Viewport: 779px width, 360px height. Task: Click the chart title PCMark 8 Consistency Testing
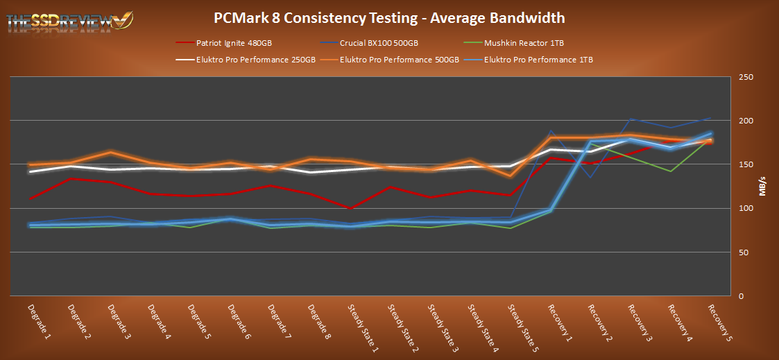point(389,17)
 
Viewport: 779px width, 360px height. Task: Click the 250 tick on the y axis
point(746,77)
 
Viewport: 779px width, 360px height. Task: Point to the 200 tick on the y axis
point(746,121)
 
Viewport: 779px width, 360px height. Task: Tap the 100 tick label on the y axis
point(746,208)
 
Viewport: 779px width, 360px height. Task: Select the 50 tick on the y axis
point(744,252)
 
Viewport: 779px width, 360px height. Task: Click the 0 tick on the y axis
point(742,296)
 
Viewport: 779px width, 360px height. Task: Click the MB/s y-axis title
point(763,187)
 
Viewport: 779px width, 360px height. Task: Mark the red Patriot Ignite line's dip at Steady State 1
point(350,208)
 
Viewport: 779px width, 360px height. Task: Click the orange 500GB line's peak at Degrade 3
point(111,152)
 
